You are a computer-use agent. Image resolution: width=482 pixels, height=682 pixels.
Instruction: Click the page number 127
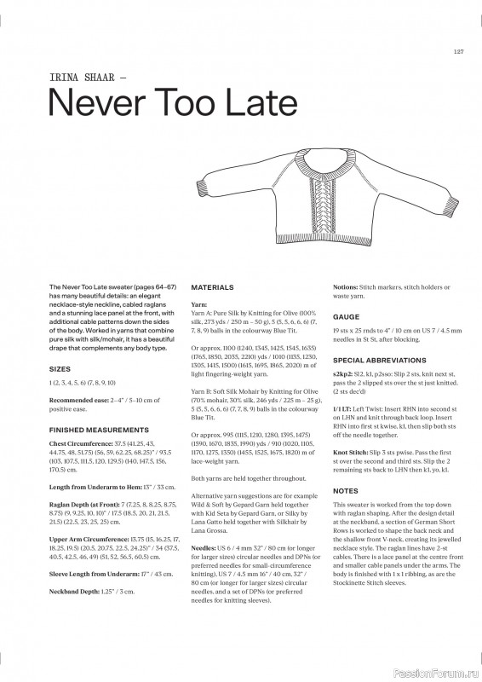[457, 51]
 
